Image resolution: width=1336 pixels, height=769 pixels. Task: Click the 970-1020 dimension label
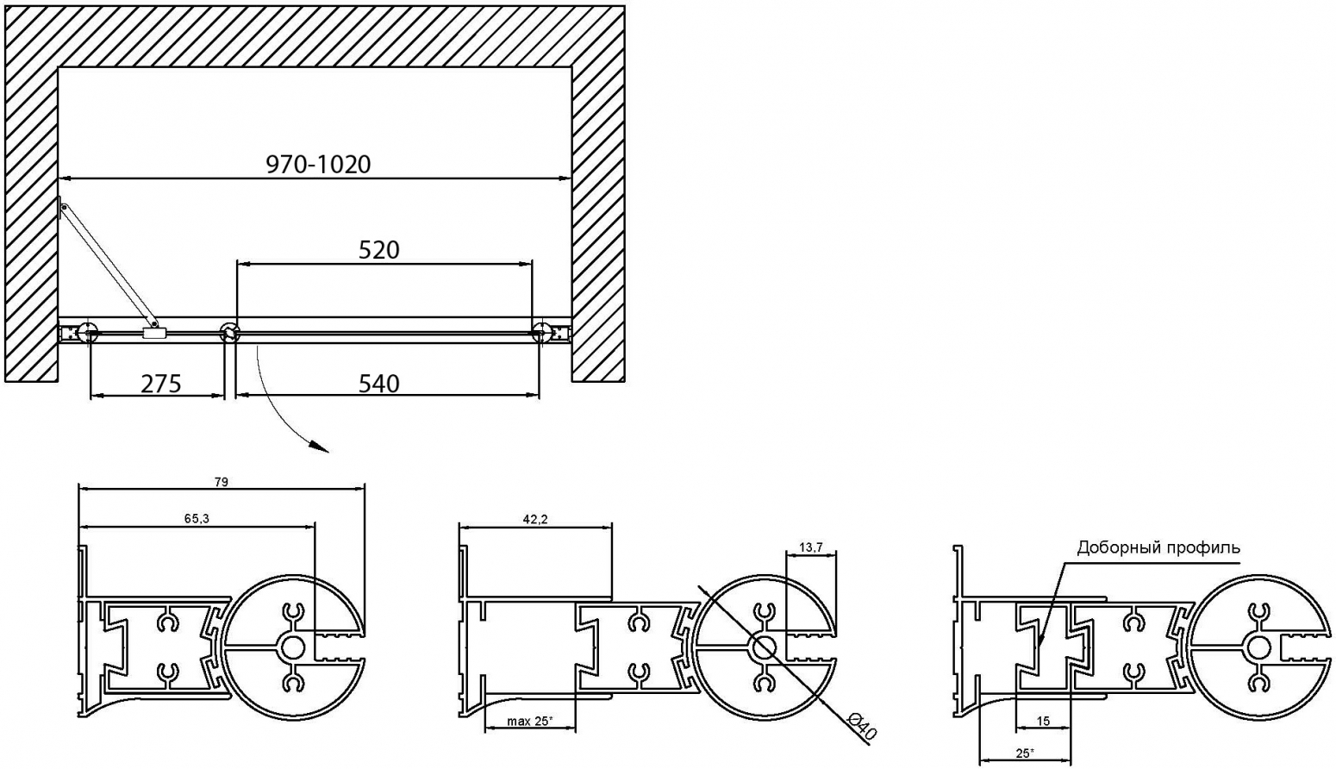pyautogui.click(x=318, y=164)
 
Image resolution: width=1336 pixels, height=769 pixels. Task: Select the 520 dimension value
pyautogui.click(x=378, y=250)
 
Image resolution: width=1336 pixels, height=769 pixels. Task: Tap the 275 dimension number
pyautogui.click(x=161, y=384)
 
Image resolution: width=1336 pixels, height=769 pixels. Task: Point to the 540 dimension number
pyautogui.click(x=378, y=384)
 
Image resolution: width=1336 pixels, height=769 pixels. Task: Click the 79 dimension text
pyautogui.click(x=222, y=481)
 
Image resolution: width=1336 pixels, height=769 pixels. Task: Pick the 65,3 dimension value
pyautogui.click(x=197, y=519)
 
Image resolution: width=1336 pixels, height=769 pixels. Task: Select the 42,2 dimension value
pyautogui.click(x=535, y=519)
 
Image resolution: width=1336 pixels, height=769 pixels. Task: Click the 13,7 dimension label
pyautogui.click(x=811, y=547)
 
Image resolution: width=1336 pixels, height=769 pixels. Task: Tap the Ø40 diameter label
pyautogui.click(x=863, y=729)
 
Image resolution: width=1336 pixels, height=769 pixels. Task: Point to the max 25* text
pyautogui.click(x=529, y=722)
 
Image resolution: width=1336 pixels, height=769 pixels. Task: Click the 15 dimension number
pyautogui.click(x=1043, y=722)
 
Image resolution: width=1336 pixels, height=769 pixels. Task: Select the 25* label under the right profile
pyautogui.click(x=1025, y=753)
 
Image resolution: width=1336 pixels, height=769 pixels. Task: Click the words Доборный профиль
pyautogui.click(x=1158, y=547)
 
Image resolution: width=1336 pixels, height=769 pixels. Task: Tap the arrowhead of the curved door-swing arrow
pyautogui.click(x=322, y=449)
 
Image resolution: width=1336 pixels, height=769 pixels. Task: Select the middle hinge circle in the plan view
pyautogui.click(x=229, y=332)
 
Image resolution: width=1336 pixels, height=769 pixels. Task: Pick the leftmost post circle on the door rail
pyautogui.click(x=88, y=332)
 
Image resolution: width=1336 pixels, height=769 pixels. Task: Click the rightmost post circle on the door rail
pyautogui.click(x=542, y=332)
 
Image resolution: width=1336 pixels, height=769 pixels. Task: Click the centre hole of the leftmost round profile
pyautogui.click(x=292, y=648)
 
